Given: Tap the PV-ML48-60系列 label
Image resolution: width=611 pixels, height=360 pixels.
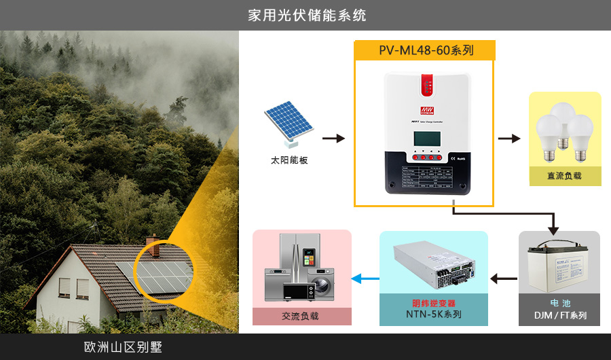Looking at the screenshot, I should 426,50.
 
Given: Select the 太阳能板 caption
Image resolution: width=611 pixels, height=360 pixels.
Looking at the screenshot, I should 289,161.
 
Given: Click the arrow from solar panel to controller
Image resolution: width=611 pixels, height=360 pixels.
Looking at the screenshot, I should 333,139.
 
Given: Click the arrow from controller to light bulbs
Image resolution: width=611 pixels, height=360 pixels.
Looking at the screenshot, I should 508,139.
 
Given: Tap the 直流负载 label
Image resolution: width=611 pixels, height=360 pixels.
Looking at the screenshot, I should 565,176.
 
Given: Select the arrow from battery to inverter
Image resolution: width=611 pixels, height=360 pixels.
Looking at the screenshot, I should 503,278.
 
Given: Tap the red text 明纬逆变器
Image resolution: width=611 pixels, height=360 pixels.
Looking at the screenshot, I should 433,303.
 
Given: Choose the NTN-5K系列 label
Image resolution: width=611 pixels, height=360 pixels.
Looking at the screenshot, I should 433,314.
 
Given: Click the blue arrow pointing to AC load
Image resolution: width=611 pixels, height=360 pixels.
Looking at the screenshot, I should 365,278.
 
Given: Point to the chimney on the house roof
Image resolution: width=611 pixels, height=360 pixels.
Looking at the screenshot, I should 152,245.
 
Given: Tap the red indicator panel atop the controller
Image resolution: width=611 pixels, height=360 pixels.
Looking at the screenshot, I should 427,87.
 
